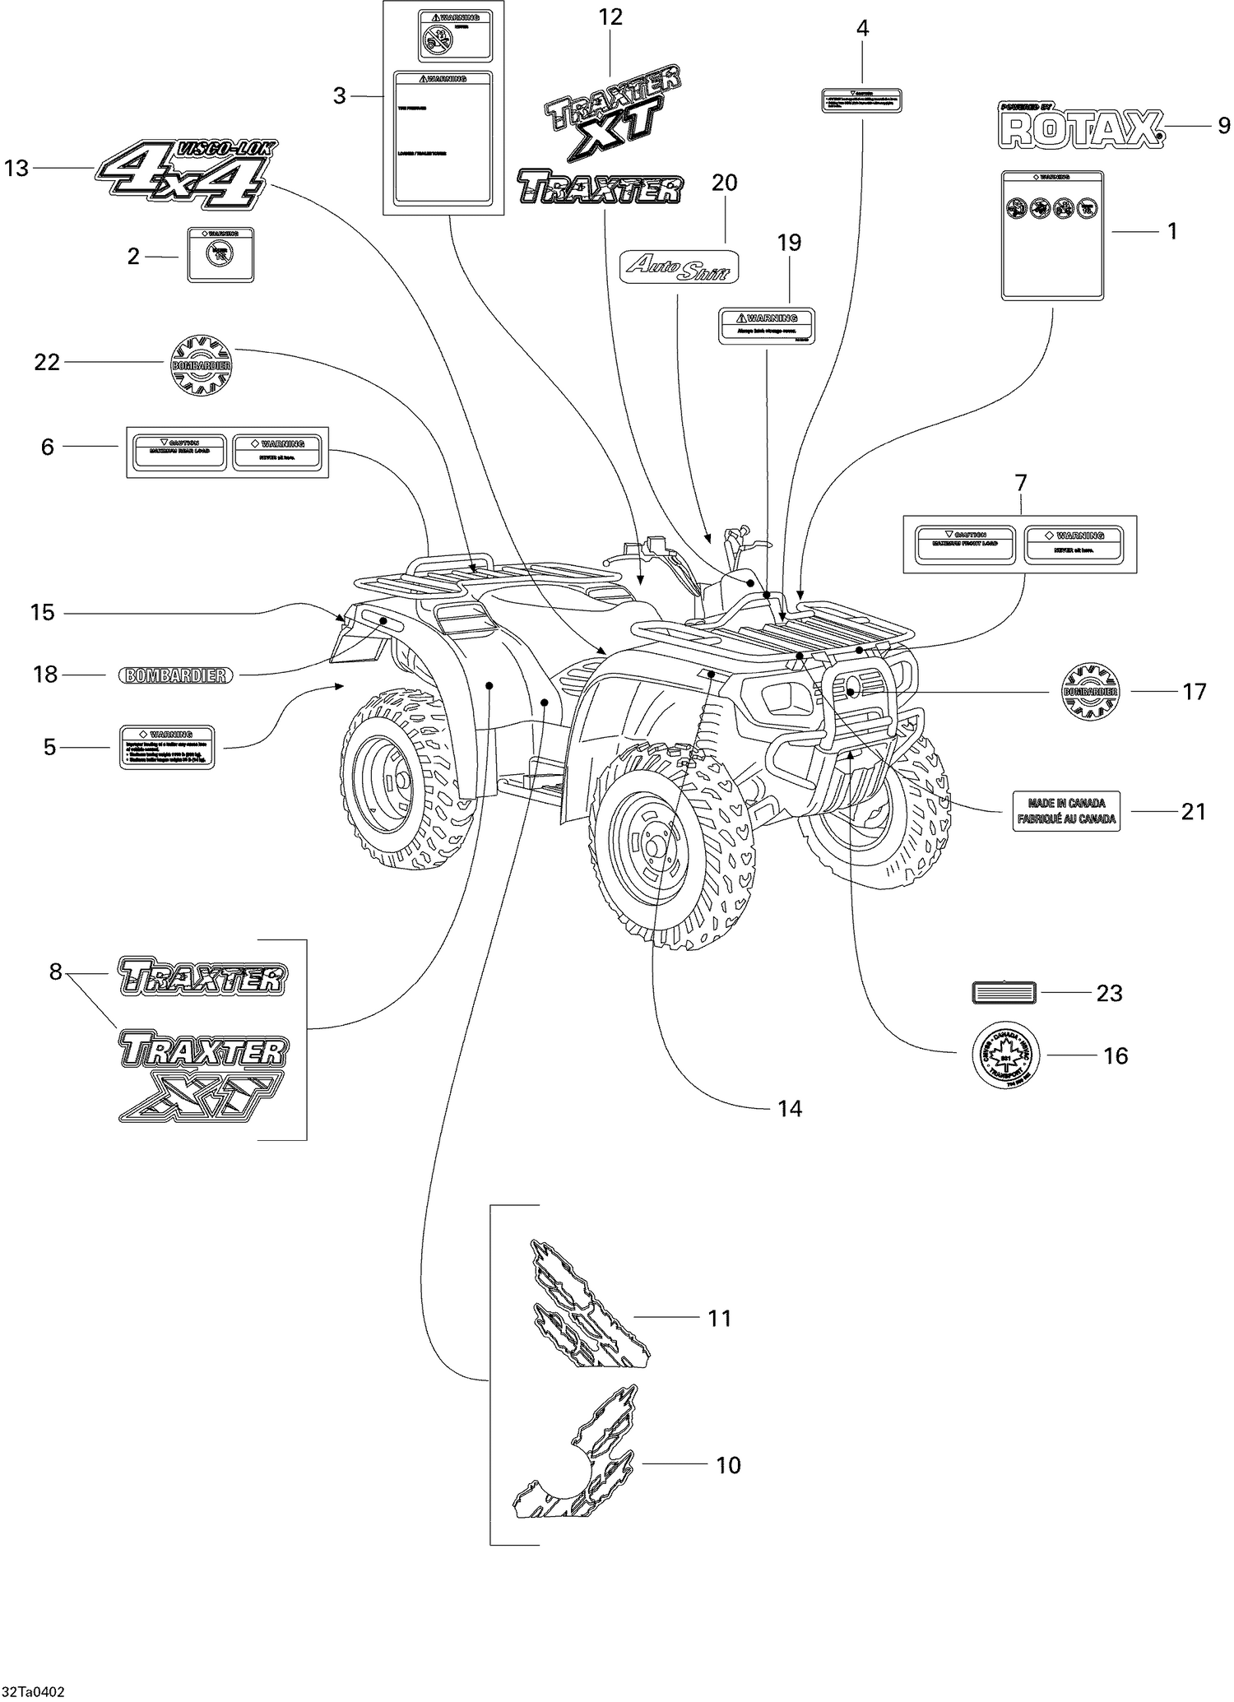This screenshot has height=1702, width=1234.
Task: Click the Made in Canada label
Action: point(1065,811)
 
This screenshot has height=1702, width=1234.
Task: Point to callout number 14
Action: point(789,1109)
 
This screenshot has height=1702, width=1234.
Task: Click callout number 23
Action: point(1109,994)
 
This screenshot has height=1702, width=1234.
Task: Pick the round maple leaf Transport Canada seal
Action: point(1005,1055)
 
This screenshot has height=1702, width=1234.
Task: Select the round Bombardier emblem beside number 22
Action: point(200,363)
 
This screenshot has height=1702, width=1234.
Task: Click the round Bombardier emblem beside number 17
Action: point(1090,691)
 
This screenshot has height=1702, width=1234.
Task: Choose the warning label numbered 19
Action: point(767,326)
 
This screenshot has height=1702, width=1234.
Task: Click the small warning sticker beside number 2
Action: point(220,254)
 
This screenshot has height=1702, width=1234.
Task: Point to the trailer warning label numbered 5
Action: point(167,746)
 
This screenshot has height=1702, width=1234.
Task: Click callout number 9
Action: point(1223,126)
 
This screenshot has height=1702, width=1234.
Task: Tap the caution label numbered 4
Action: point(861,100)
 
